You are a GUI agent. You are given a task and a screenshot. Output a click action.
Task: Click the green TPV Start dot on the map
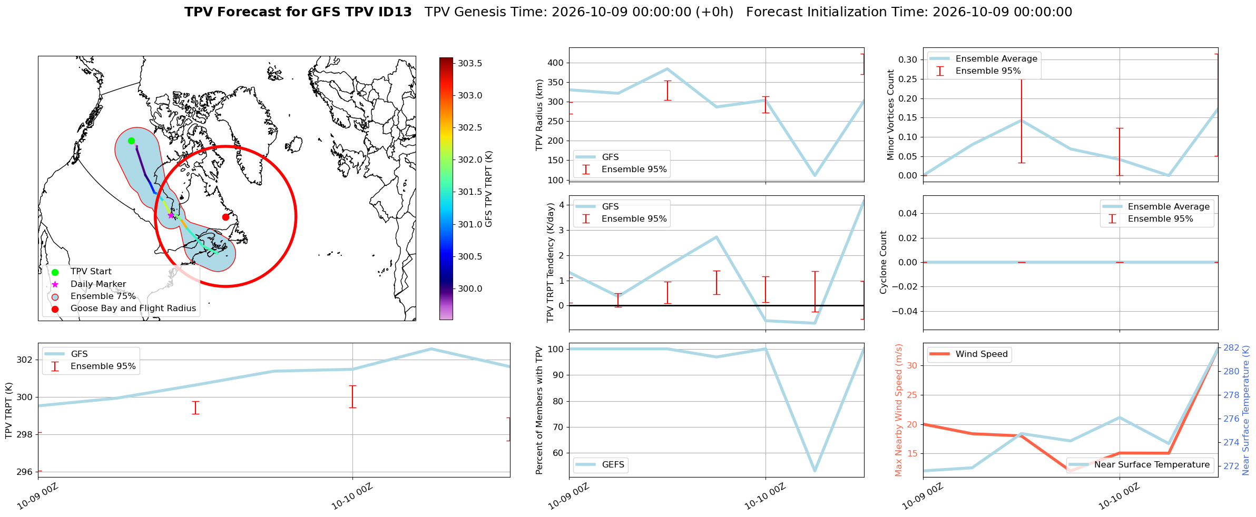131,141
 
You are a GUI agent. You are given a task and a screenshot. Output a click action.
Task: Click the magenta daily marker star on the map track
171,215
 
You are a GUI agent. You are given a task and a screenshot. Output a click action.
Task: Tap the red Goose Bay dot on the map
225,217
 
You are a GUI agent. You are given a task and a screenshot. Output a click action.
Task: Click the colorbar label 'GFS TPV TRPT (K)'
489,189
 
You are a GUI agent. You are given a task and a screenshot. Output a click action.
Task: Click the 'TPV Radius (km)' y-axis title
539,115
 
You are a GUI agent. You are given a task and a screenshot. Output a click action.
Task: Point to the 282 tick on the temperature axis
1231,347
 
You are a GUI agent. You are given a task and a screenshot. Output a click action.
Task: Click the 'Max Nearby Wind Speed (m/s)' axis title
899,410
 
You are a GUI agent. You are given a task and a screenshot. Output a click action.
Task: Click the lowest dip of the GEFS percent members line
815,471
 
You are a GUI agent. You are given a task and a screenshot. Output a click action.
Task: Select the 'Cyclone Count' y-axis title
884,262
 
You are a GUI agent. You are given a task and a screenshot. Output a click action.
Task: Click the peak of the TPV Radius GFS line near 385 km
667,68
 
